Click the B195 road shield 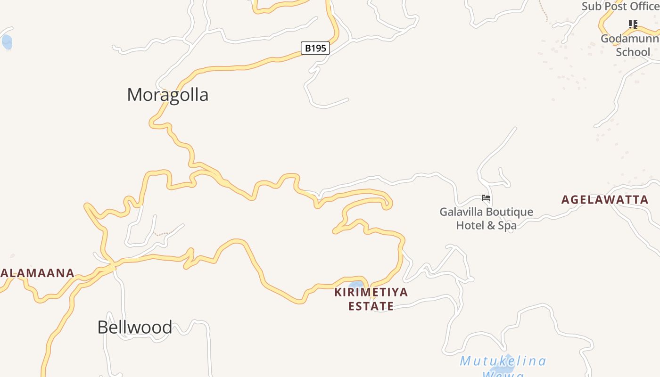(x=315, y=48)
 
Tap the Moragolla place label (x=167, y=95)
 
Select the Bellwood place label (x=134, y=327)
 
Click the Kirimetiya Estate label (x=371, y=299)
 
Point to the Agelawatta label (x=605, y=200)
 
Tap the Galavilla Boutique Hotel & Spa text (x=486, y=219)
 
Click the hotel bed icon (x=486, y=198)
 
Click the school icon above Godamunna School (x=633, y=25)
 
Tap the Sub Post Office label (x=620, y=7)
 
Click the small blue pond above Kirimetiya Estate (x=357, y=284)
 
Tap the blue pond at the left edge (x=7, y=42)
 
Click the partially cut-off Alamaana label (x=37, y=273)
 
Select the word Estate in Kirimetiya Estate (x=371, y=306)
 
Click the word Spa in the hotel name (x=507, y=226)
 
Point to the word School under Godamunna (x=633, y=52)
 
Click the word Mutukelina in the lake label (x=503, y=361)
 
